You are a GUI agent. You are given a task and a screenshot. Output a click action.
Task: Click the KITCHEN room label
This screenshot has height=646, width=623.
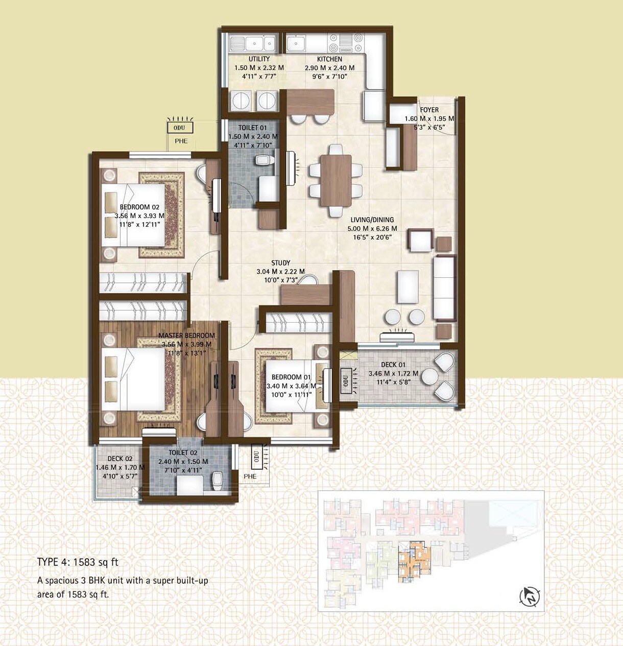329,59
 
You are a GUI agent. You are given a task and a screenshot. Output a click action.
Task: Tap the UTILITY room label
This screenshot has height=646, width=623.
259,59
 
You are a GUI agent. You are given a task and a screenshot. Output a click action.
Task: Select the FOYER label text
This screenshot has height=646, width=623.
429,110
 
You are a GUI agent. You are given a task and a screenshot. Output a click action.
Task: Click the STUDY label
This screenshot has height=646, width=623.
280,263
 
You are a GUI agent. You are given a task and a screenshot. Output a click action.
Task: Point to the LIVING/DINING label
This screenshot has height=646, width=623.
372,220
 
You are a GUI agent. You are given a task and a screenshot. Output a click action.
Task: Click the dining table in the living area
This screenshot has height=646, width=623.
336,180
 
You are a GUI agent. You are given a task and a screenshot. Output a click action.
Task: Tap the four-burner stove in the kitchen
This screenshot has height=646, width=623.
340,43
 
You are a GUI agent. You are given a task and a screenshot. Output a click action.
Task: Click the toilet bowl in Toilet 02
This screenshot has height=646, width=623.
218,479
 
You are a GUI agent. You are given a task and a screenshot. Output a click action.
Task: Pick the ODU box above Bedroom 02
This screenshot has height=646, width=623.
179,128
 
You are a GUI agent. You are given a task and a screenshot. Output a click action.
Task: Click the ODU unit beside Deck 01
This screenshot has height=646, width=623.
346,380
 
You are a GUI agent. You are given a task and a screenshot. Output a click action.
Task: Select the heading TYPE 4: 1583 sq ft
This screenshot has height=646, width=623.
78,562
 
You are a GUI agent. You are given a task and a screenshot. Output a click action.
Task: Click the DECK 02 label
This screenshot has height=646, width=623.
120,459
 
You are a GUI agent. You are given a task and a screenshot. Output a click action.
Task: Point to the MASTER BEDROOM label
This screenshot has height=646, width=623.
186,336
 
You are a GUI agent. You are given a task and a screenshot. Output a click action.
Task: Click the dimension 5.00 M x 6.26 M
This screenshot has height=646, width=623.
372,229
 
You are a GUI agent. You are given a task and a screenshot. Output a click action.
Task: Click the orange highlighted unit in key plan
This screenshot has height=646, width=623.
413,562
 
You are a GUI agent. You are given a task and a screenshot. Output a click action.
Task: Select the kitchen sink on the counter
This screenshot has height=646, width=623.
296,43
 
